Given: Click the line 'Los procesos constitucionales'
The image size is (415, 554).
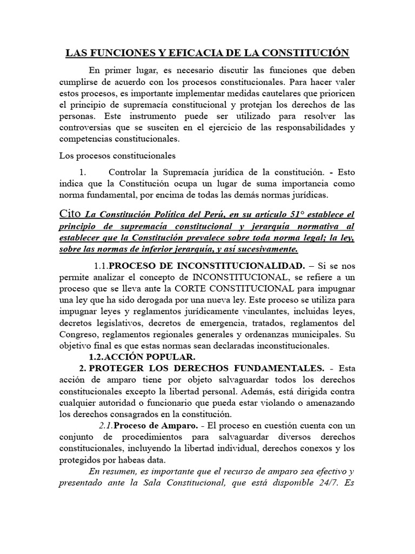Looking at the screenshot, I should pos(117,156).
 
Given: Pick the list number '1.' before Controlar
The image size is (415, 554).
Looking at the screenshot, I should pos(83,172).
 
